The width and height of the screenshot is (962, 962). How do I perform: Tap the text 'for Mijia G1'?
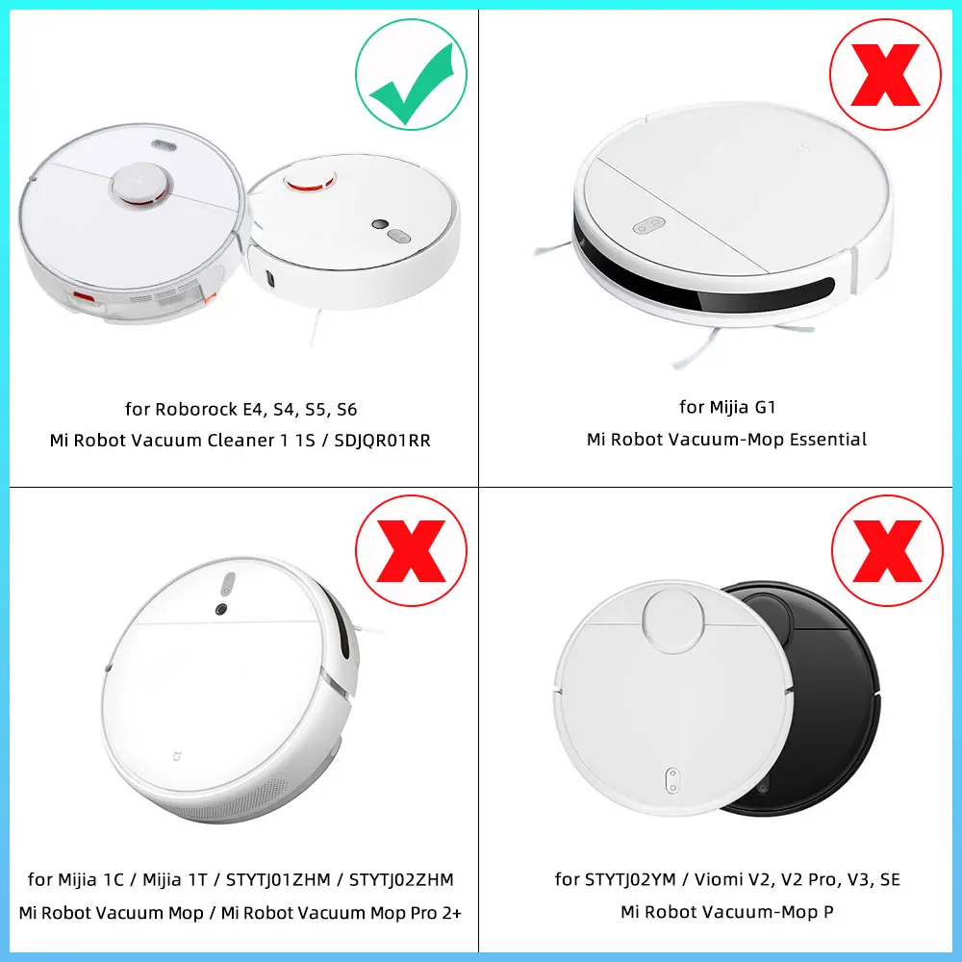pos(727,407)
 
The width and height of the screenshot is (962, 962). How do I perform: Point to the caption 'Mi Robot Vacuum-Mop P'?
pos(727,912)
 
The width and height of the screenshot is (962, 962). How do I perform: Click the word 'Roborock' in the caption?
pos(192,409)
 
